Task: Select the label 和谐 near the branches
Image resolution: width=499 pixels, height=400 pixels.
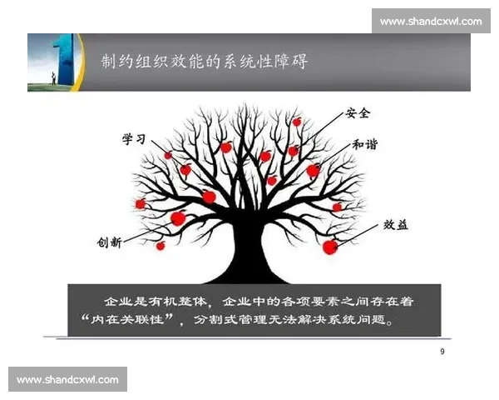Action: [364, 144]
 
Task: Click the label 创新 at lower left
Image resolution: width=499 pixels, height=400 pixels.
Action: [109, 242]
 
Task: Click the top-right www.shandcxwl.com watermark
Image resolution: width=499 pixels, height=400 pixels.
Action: [430, 21]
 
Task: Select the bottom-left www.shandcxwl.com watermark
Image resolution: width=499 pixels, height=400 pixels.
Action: [68, 380]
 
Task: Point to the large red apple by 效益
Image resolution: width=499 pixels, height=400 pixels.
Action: [330, 247]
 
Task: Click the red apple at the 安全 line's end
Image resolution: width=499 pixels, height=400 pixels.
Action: [297, 122]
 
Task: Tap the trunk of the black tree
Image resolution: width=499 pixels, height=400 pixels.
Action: [249, 250]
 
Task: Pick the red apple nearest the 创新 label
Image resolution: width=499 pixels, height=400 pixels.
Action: [160, 245]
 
